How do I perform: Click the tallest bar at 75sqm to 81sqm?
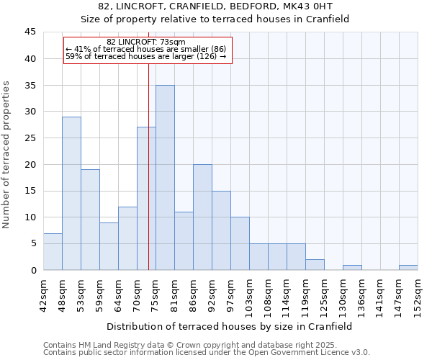(165, 177)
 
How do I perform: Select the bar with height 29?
(71, 193)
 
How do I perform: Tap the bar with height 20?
(202, 217)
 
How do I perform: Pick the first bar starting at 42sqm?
(53, 251)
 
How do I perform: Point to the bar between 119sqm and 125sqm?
(315, 264)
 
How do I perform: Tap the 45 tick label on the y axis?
(30, 32)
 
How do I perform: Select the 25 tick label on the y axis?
(30, 138)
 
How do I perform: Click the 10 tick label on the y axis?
(30, 217)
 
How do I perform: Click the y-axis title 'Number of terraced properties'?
(6, 154)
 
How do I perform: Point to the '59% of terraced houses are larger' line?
(145, 56)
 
